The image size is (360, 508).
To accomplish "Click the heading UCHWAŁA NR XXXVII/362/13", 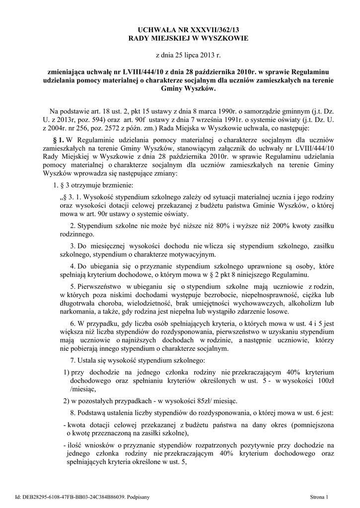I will (180, 29).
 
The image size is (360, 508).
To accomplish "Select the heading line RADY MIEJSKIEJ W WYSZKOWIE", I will (180, 38).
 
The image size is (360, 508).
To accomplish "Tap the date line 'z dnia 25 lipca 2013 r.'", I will (180, 55).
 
